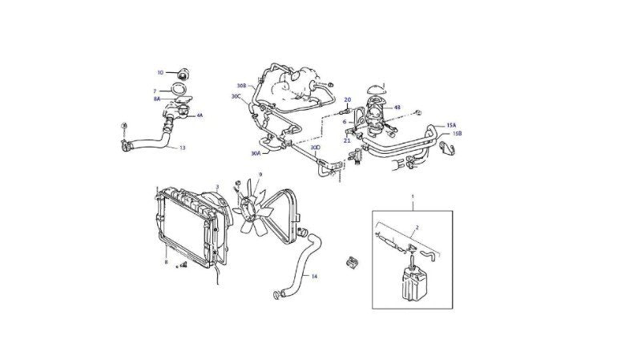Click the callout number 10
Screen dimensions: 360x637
(160, 72)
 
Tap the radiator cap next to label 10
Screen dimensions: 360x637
(181, 74)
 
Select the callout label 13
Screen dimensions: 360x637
(182, 148)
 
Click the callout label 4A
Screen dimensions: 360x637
(199, 115)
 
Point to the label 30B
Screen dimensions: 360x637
(241, 85)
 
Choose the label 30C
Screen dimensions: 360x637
(236, 96)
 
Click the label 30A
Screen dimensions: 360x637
(256, 152)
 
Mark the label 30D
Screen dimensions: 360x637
(316, 148)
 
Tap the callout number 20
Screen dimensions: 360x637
(347, 99)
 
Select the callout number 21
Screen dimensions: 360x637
(347, 140)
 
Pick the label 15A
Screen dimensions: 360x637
(451, 125)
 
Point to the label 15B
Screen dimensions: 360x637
(456, 133)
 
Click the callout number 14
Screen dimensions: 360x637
(314, 277)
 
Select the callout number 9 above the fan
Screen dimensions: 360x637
(260, 175)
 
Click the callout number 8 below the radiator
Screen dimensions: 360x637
(166, 261)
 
